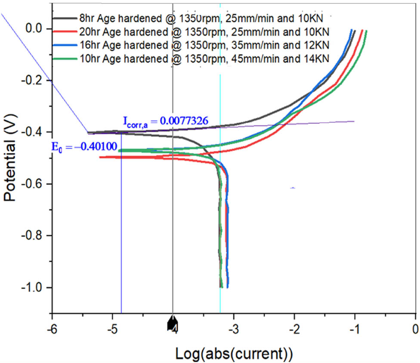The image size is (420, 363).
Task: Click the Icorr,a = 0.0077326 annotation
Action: pyautogui.click(x=166, y=122)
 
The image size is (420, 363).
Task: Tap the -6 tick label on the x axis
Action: pyautogui.click(x=52, y=330)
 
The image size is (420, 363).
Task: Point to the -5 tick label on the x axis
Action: pyautogui.click(x=112, y=330)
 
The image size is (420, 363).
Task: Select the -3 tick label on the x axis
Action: pyautogui.click(x=233, y=330)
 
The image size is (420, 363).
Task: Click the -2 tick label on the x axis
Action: pyautogui.click(x=294, y=330)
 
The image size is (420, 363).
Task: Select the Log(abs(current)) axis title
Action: pyautogui.click(x=234, y=353)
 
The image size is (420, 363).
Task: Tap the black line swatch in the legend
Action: pyautogui.click(x=65, y=18)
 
